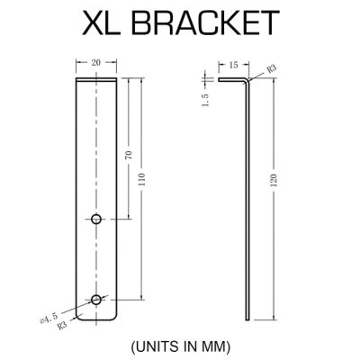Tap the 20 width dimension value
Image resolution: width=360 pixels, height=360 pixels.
95,62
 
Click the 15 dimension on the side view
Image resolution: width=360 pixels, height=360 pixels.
233,65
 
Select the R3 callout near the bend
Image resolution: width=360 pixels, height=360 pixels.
270,67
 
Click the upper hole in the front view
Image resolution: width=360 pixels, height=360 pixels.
96,219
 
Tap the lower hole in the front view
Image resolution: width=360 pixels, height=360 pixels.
96,298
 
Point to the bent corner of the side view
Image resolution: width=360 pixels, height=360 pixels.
247,80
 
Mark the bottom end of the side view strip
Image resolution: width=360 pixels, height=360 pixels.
247,319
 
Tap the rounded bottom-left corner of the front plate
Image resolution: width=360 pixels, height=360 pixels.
79,317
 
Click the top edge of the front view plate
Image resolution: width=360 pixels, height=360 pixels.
96,79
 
